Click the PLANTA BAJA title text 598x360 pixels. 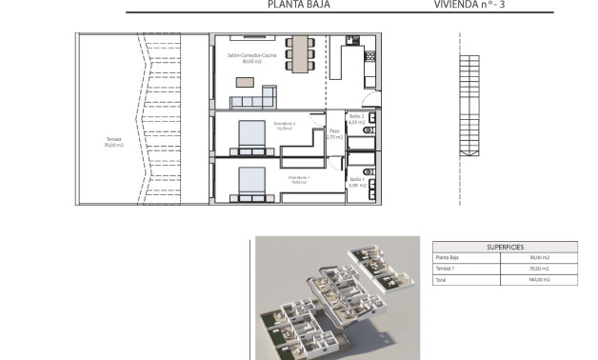291,5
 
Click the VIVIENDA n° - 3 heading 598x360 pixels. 491,5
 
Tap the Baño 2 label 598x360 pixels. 357,119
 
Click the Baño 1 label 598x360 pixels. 356,182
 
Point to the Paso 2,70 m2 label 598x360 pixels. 334,134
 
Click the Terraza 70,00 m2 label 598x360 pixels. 114,143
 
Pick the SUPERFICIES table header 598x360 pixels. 505,246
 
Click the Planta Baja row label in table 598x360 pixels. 448,257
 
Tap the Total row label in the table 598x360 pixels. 442,280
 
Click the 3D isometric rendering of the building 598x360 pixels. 338,297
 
